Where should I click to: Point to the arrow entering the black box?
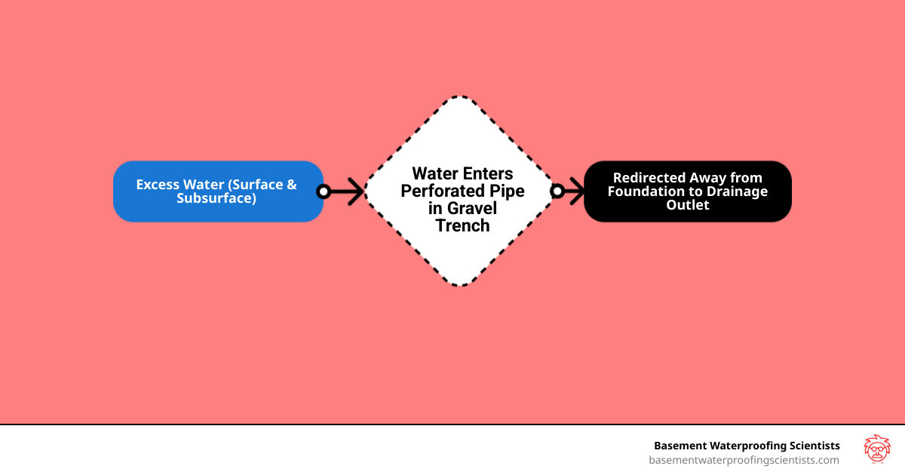point(574,192)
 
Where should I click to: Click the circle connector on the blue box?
point(324,192)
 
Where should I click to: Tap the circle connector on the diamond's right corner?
point(557,192)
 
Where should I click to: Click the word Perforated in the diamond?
point(440,192)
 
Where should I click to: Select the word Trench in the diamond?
point(462,225)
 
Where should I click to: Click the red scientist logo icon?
point(876,449)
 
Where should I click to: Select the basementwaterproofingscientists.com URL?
point(744,460)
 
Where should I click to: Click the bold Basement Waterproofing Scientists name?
point(747,446)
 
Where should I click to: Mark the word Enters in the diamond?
point(487,174)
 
